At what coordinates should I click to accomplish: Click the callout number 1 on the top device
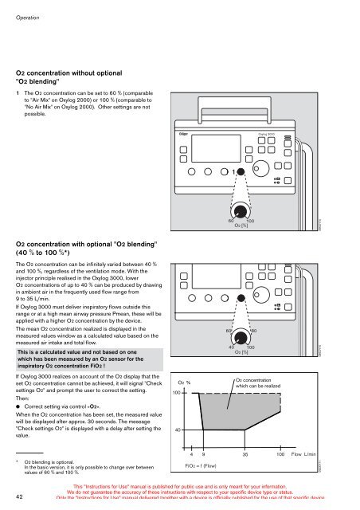(233, 171)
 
